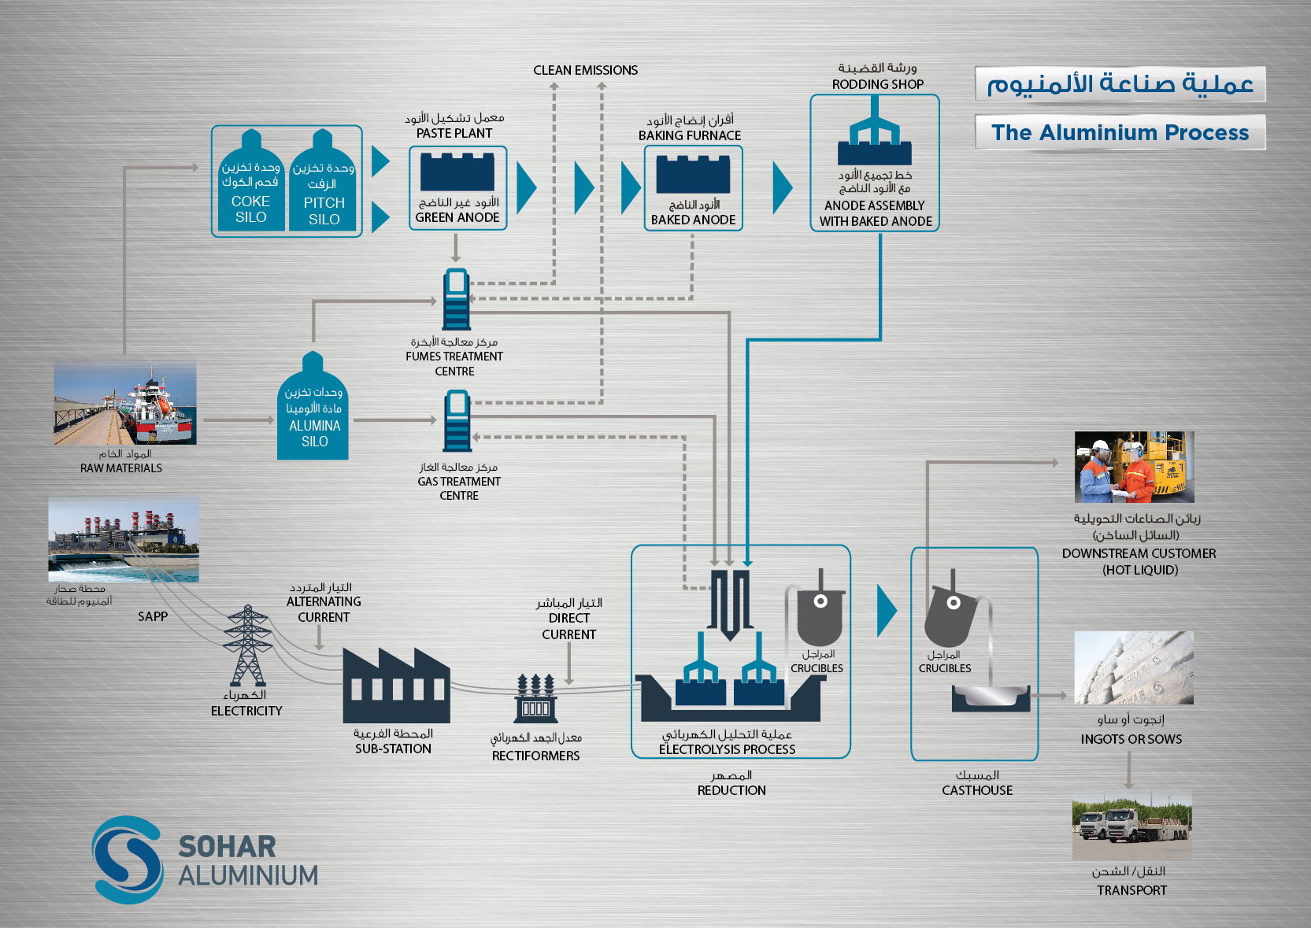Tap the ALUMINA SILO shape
click(x=313, y=409)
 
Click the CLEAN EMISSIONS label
click(x=585, y=70)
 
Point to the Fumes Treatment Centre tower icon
click(x=456, y=299)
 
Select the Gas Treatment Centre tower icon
click(x=457, y=421)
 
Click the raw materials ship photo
click(x=124, y=404)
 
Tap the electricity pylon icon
click(x=247, y=645)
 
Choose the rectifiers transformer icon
click(x=535, y=698)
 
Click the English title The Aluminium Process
click(x=1120, y=132)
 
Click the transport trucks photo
click(x=1131, y=826)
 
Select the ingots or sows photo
click(x=1134, y=667)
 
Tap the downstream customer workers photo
click(x=1134, y=467)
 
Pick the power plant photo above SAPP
click(x=124, y=539)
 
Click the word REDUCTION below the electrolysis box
click(x=731, y=790)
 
